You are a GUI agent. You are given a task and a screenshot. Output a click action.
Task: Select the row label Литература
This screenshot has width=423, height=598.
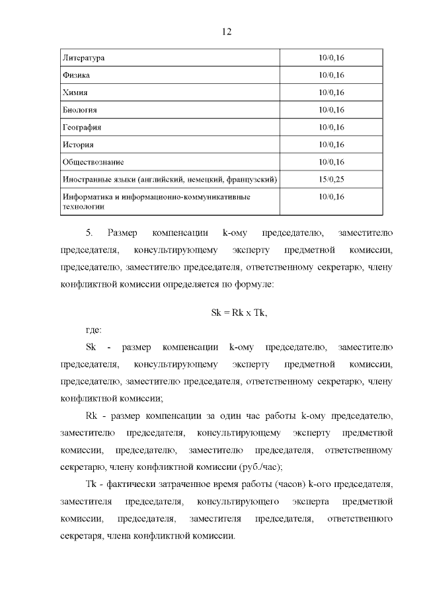(x=83, y=58)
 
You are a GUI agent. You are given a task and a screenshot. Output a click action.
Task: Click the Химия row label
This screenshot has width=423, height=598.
(x=75, y=93)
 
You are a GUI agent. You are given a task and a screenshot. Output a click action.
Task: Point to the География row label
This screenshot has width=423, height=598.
(x=81, y=127)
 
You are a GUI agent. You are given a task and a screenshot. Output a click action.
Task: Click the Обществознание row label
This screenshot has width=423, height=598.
(x=93, y=162)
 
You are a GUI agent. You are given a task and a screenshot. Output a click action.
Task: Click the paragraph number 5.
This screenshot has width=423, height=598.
(x=89, y=233)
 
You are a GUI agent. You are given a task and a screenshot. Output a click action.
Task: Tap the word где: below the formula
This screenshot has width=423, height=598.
(x=95, y=330)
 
